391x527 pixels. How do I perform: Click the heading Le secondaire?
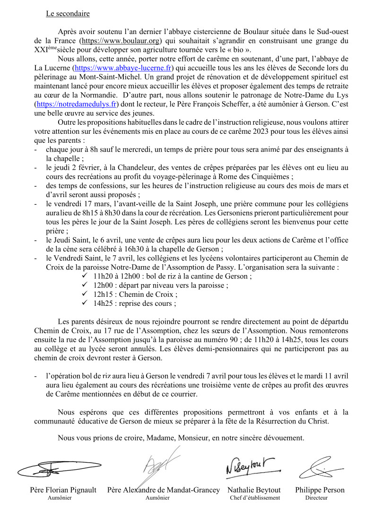(x=68, y=14)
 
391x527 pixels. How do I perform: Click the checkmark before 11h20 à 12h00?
(x=85, y=276)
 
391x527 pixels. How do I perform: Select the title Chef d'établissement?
(x=254, y=498)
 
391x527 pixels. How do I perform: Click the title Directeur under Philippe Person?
(x=316, y=498)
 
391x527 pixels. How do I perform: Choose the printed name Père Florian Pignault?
(x=63, y=490)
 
